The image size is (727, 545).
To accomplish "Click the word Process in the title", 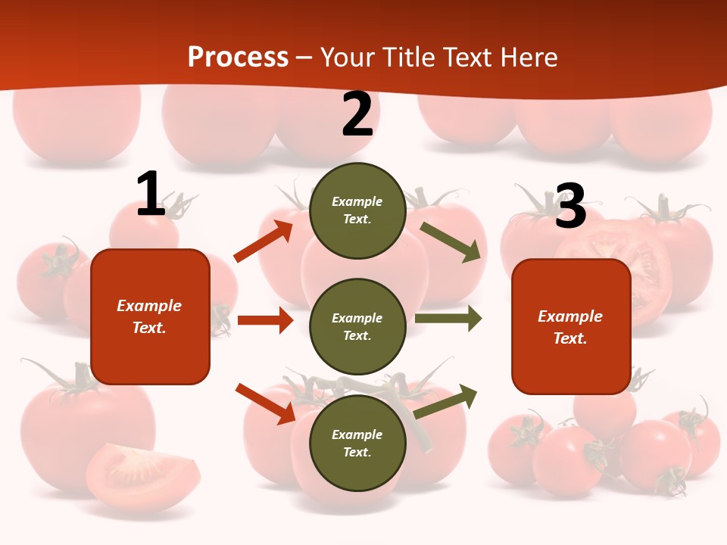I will pyautogui.click(x=238, y=58).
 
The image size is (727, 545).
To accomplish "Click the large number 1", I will pyautogui.click(x=151, y=194).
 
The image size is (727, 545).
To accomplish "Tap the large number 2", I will pyautogui.click(x=357, y=114).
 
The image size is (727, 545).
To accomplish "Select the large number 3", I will pyautogui.click(x=570, y=206).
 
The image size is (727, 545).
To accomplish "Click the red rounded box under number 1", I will pyautogui.click(x=150, y=316).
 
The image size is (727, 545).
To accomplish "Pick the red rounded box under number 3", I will pyautogui.click(x=571, y=327).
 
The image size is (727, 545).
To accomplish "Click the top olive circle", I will pyautogui.click(x=357, y=210).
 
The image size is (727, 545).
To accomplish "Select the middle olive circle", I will pyautogui.click(x=357, y=327).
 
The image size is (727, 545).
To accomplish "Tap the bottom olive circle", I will pyautogui.click(x=357, y=443).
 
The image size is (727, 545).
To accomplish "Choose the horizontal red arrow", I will pyautogui.click(x=265, y=320).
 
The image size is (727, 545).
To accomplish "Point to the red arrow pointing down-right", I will pyautogui.click(x=265, y=403).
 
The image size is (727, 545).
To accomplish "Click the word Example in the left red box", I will pyautogui.click(x=149, y=306).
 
